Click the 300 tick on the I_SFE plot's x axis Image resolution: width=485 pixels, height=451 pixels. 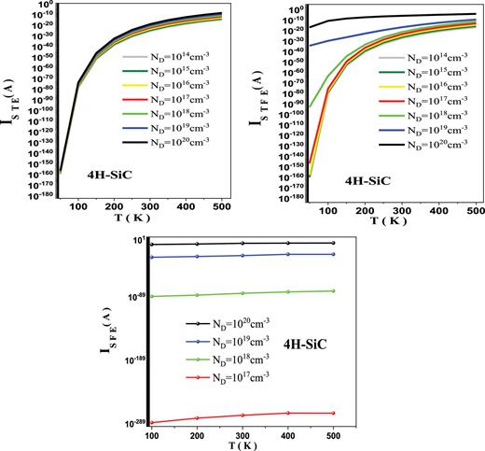[241, 434]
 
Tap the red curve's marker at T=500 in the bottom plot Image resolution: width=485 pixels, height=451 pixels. [333, 413]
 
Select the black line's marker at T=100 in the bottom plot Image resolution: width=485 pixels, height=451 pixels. [149, 245]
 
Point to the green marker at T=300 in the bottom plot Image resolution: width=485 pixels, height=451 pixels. [241, 293]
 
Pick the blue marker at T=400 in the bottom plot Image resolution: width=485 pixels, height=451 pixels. [287, 254]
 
